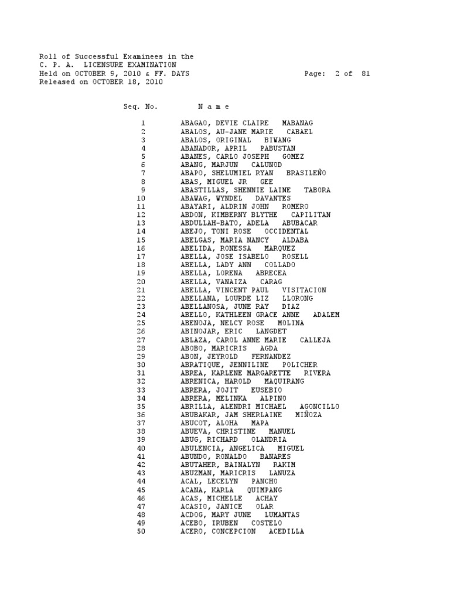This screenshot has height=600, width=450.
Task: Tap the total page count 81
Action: (366, 74)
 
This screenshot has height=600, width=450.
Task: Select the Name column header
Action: (214, 107)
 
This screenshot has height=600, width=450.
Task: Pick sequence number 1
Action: (142, 124)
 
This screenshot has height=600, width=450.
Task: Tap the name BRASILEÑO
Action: (306, 173)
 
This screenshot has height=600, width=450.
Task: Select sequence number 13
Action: (141, 223)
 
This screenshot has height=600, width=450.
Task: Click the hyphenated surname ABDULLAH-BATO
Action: (209, 223)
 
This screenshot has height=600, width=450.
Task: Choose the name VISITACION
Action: (304, 290)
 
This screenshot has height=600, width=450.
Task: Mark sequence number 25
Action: (141, 323)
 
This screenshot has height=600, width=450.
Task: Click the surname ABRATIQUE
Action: (200, 365)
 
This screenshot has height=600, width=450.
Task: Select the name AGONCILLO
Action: (319, 407)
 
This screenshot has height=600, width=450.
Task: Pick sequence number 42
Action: (141, 465)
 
